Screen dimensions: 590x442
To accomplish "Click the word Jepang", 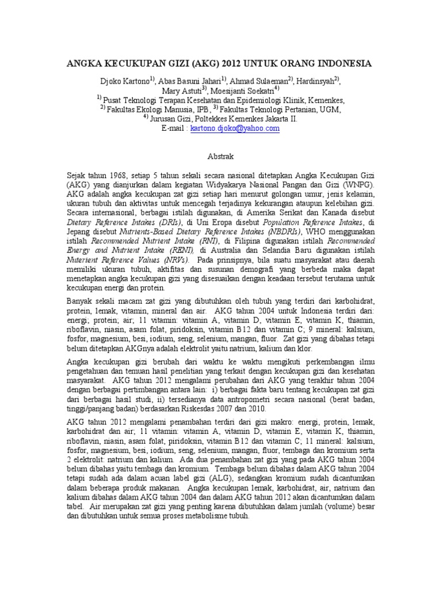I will [79, 231].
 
